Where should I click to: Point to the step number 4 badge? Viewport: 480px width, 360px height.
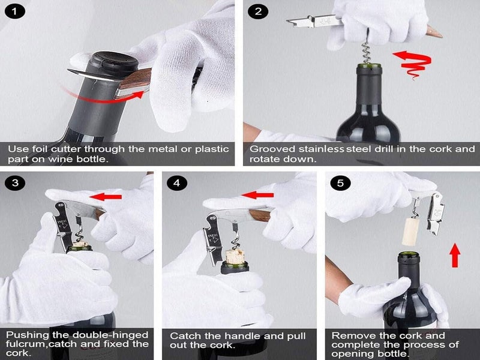click(x=175, y=183)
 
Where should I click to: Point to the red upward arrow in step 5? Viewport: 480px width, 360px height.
click(x=455, y=256)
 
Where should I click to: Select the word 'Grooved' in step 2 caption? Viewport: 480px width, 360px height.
click(x=271, y=149)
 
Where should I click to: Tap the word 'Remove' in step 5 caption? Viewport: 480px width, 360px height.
click(x=350, y=335)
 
